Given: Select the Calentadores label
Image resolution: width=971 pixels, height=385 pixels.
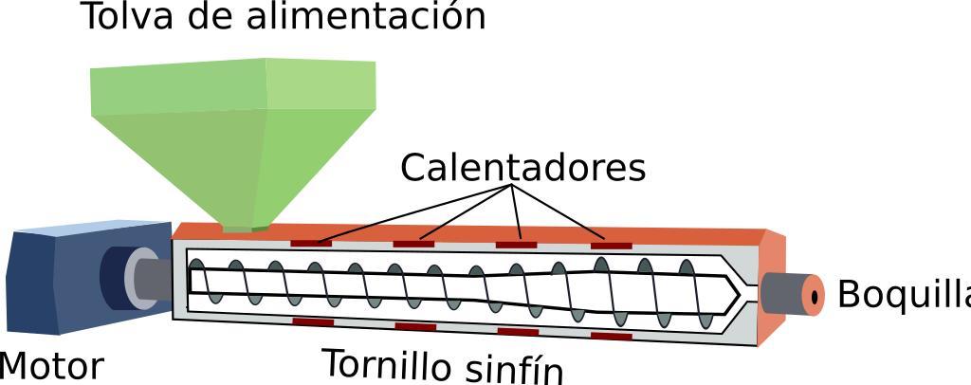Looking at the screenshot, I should coord(522,168).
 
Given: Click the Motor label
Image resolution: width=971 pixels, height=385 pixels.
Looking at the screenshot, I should coord(49,367).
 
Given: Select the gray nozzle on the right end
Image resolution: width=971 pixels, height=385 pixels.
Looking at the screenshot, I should coord(785,293).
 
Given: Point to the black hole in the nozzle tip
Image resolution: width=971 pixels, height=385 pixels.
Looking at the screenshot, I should coord(815,295).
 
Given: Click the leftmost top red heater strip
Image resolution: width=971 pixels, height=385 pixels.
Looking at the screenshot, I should coord(310,243).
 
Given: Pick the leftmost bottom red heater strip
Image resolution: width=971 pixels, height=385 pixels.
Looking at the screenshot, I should coord(312,322).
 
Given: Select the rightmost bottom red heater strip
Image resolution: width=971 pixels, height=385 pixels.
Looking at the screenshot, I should coord(611,336).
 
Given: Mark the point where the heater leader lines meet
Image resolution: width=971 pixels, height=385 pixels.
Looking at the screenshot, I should coord(513,188).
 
